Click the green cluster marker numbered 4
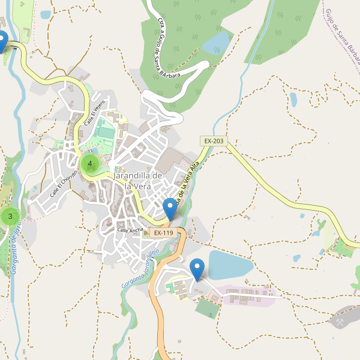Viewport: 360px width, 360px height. [x=90, y=164]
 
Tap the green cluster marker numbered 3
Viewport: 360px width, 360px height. [x=10, y=217]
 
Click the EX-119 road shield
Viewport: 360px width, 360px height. [x=163, y=233]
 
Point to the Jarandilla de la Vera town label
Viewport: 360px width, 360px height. [x=138, y=181]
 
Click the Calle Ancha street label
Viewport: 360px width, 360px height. [x=130, y=230]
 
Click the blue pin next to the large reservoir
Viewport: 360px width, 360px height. [x=197, y=269]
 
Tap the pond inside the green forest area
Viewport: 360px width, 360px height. [x=217, y=43]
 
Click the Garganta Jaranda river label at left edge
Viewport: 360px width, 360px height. [x=16, y=246]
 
